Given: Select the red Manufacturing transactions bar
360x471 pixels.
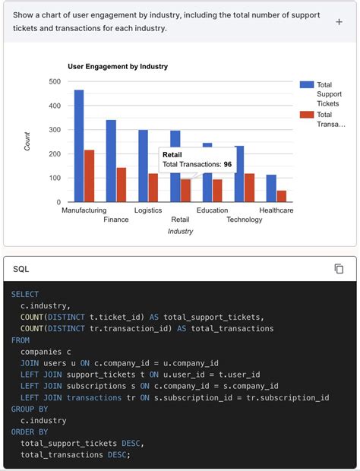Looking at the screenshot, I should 90,176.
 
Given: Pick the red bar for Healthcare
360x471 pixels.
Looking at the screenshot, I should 282,196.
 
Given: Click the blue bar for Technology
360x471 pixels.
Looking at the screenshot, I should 239,174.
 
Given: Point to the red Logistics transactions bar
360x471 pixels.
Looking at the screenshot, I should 153,188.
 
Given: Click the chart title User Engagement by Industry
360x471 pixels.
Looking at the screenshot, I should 118,66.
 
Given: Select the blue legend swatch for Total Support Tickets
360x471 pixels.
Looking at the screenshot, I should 307,85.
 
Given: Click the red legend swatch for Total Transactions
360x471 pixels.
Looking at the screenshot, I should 307,115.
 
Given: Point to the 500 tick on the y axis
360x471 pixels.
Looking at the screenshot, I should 55,81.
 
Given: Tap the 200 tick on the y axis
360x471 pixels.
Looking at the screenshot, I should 55,154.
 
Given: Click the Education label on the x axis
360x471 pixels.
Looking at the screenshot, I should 212,210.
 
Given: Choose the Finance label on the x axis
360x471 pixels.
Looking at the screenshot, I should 116,220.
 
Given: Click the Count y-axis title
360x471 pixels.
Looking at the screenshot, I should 28,141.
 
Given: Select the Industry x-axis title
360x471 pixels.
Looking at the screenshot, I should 180,231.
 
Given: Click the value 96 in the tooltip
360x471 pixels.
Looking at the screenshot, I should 227,164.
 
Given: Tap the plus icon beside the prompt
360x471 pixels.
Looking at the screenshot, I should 339,22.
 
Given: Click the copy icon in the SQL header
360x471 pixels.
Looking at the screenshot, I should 339,269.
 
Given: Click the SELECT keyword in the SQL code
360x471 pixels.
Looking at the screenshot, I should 25,294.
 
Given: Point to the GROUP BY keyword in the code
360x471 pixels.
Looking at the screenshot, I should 27,409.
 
